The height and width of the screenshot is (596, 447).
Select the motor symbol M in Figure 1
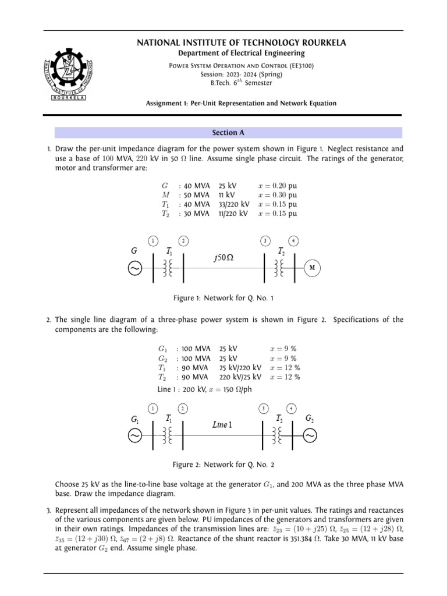click(x=312, y=268)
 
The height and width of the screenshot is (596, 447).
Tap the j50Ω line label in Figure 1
click(x=223, y=257)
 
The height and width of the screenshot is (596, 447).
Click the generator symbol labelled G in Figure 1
click(x=134, y=268)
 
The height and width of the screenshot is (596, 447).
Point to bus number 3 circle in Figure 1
click(x=265, y=240)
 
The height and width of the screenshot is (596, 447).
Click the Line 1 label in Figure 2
click(x=222, y=425)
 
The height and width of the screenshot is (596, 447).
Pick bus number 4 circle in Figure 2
click(x=291, y=408)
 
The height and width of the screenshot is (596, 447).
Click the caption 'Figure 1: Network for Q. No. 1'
click(x=223, y=298)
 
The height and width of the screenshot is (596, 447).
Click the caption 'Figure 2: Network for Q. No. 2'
click(x=223, y=464)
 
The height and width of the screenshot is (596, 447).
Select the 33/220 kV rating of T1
click(x=234, y=204)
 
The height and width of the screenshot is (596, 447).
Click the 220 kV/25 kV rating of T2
click(x=240, y=377)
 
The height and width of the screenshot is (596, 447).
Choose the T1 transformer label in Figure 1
click(x=169, y=252)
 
